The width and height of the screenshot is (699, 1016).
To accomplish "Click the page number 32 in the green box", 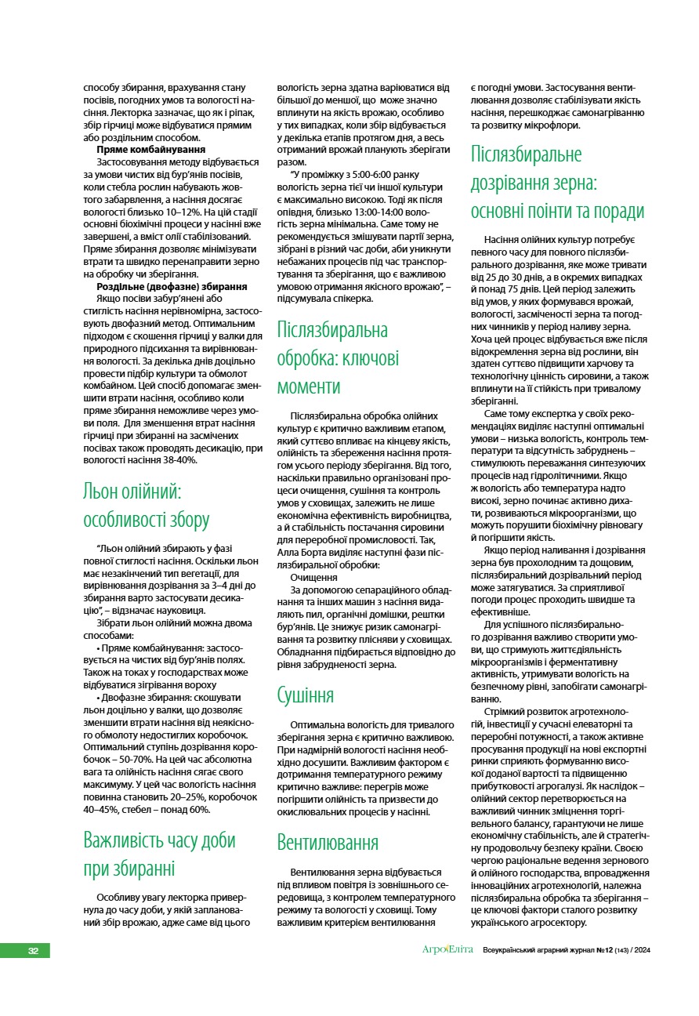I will [33, 951].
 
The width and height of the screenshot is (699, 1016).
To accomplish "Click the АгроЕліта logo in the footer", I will [447, 950].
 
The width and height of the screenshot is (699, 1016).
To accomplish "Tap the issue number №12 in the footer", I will [605, 951].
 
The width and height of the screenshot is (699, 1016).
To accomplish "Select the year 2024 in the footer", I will [643, 951].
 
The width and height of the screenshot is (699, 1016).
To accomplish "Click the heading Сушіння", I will [306, 695].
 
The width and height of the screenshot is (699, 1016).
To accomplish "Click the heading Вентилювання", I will [328, 843].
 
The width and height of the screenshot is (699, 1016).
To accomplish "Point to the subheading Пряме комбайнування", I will [151, 149].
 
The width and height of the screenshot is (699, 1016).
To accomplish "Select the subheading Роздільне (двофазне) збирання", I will [172, 287].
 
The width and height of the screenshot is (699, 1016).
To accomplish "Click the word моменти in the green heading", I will [309, 386].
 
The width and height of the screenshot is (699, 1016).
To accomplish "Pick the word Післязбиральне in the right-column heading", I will [526, 154].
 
